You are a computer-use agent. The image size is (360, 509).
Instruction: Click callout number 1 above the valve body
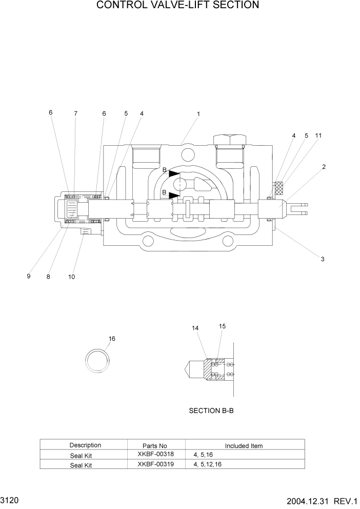pyautogui.click(x=198, y=114)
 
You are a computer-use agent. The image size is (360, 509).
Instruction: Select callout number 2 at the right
pyautogui.click(x=324, y=167)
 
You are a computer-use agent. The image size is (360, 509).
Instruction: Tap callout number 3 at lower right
pyautogui.click(x=323, y=259)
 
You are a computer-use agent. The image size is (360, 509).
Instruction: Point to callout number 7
pyautogui.click(x=75, y=113)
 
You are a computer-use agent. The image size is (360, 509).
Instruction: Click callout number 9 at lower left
pyautogui.click(x=29, y=276)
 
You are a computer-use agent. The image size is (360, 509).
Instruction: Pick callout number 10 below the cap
pyautogui.click(x=72, y=277)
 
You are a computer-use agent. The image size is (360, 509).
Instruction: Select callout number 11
pyautogui.click(x=318, y=135)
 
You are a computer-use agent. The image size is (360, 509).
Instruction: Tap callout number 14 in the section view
pyautogui.click(x=195, y=328)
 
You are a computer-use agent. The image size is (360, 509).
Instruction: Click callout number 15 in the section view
pyautogui.click(x=222, y=326)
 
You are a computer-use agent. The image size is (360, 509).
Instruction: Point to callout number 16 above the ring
pyautogui.click(x=112, y=339)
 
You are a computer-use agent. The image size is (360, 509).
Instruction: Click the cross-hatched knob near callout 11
pyautogui.click(x=279, y=188)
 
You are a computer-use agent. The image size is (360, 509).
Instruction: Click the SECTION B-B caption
pyautogui.click(x=211, y=410)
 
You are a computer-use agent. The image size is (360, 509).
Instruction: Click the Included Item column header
pyautogui.click(x=244, y=445)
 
